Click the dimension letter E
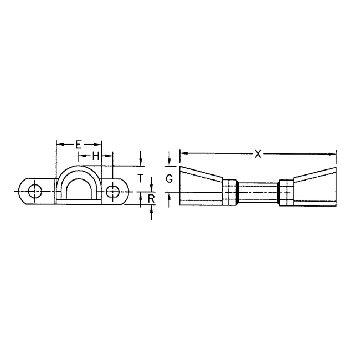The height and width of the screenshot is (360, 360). pyautogui.click(x=78, y=145)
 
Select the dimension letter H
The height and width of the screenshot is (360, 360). pyautogui.click(x=95, y=157)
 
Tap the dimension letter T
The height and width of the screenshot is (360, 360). pyautogui.click(x=141, y=178)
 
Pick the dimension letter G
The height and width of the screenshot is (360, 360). pyautogui.click(x=169, y=178)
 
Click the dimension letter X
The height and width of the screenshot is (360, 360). pyautogui.click(x=258, y=154)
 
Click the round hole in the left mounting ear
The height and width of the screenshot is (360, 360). pyautogui.click(x=35, y=191)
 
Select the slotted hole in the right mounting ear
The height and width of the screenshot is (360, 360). pyautogui.click(x=113, y=192)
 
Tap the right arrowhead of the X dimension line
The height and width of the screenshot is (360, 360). pyautogui.click(x=333, y=154)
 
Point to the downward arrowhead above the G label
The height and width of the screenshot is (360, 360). pyautogui.click(x=169, y=163)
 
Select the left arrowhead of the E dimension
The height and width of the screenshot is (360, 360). pyautogui.click(x=59, y=145)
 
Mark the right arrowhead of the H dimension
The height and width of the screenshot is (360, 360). pyautogui.click(x=110, y=157)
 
